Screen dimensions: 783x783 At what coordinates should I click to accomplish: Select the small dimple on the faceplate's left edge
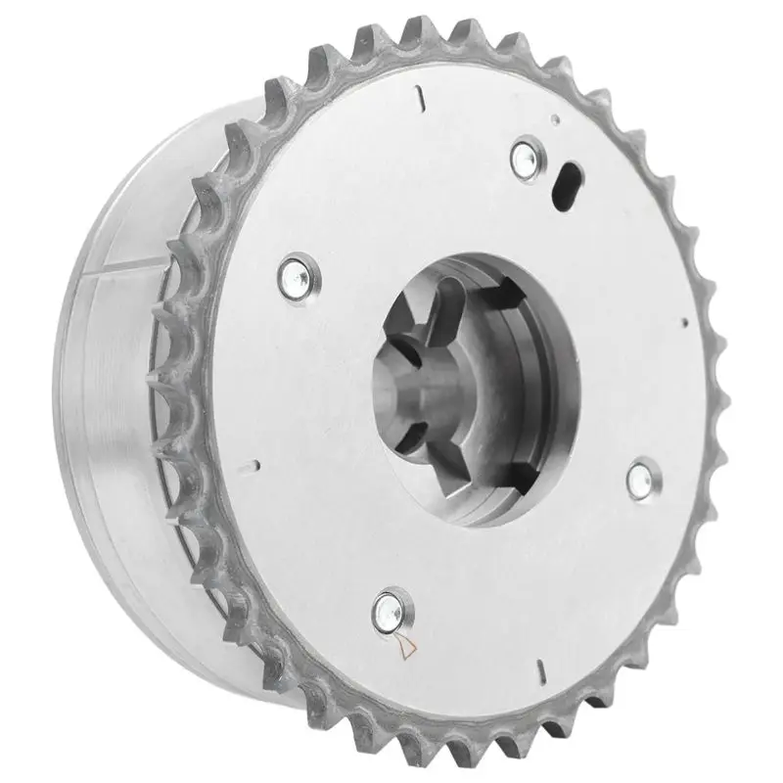(x=253, y=466)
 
